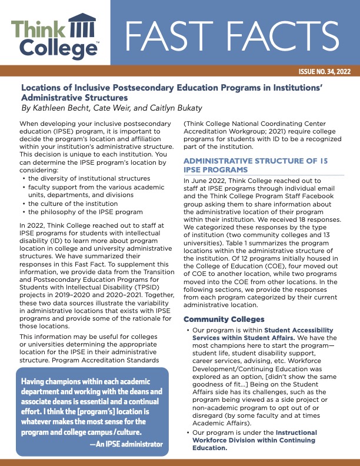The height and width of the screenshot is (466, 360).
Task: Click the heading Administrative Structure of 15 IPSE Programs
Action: click(256, 165)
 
